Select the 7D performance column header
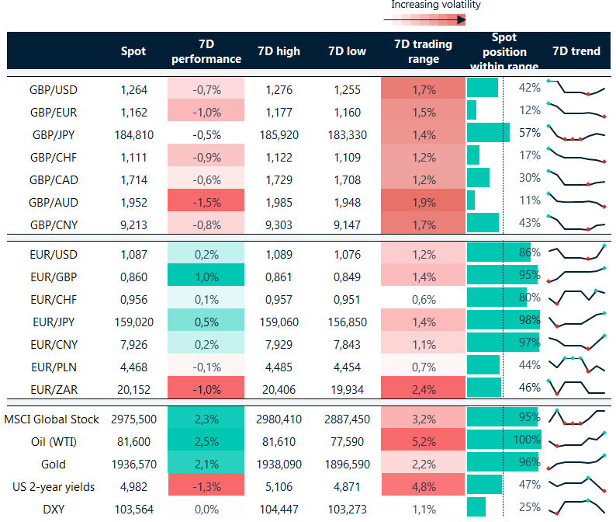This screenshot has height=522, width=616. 206,51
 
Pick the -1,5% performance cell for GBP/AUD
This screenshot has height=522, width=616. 206,200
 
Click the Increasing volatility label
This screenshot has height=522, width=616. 436,5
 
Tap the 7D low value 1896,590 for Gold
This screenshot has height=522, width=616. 347,465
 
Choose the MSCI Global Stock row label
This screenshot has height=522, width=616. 53,419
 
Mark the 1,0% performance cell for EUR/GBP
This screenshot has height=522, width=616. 206,277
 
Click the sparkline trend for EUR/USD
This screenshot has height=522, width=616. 576,253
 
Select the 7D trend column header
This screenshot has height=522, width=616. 576,51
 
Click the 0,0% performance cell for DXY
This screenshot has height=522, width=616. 206,510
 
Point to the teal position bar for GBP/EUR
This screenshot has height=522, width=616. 472,111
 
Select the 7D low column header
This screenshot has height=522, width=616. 347,51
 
